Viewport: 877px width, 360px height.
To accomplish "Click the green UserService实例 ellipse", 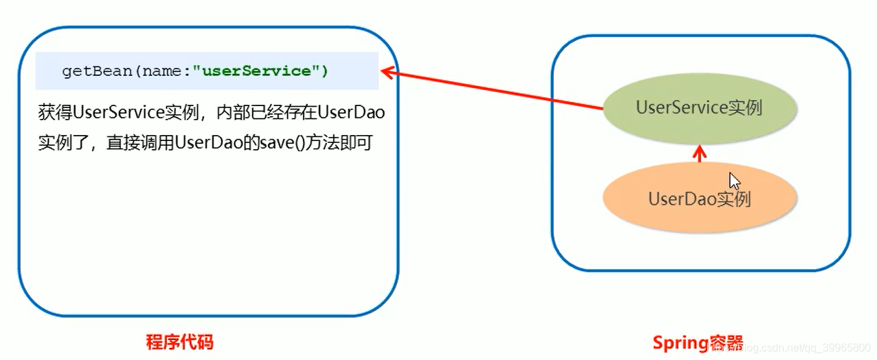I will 699,108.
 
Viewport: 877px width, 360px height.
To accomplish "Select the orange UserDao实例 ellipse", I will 699,199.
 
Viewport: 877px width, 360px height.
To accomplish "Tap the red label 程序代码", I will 179,343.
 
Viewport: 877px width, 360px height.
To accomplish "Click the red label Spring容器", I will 698,343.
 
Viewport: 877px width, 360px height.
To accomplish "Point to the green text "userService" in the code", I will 255,71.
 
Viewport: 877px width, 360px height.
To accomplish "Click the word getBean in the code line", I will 97,71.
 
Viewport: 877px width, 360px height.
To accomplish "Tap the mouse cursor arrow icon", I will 735,181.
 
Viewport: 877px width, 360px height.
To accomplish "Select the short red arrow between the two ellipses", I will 700,154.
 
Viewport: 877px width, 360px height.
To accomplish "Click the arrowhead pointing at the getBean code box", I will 387,70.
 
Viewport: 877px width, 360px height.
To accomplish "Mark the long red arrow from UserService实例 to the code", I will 497,89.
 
